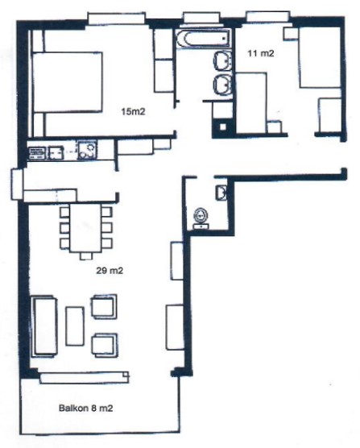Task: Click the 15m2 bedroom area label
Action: pyautogui.click(x=133, y=112)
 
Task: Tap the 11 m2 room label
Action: pyautogui.click(x=261, y=53)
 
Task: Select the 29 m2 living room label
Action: pyautogui.click(x=110, y=270)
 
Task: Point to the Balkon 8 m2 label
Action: pyautogui.click(x=85, y=408)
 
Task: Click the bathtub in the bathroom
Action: pyautogui.click(x=203, y=39)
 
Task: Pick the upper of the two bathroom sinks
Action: pyautogui.click(x=223, y=61)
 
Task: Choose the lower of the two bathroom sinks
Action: pyautogui.click(x=223, y=84)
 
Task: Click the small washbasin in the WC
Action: pyautogui.click(x=221, y=192)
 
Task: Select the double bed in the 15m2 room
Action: pyautogui.click(x=68, y=81)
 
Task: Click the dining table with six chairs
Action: pyautogui.click(x=86, y=228)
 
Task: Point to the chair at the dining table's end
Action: pyautogui.click(x=86, y=256)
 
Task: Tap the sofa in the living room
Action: pyautogui.click(x=44, y=326)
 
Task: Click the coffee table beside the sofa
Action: pyautogui.click(x=75, y=326)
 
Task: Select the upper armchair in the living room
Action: pyautogui.click(x=104, y=306)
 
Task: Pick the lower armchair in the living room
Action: pyautogui.click(x=105, y=345)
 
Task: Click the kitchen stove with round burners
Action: pyautogui.click(x=86, y=150)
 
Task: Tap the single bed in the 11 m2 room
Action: pyautogui.click(x=319, y=57)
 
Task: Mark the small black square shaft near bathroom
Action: pyautogui.click(x=222, y=127)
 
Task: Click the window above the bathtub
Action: pyautogui.click(x=201, y=18)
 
